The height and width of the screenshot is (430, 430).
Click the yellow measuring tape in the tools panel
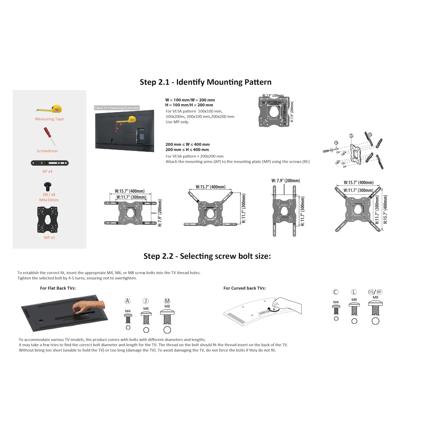[x=50, y=109]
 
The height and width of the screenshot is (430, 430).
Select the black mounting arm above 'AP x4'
[x=50, y=163]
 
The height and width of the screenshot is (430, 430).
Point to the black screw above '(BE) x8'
[x=48, y=187]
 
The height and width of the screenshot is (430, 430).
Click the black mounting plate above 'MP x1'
[x=48, y=220]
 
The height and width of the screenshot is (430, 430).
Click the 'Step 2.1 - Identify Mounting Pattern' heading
[x=206, y=82]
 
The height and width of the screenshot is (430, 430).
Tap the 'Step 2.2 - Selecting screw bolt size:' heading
[x=207, y=256]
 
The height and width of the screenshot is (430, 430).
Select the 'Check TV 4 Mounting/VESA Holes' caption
[x=117, y=108]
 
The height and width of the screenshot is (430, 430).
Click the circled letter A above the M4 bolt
[x=128, y=301]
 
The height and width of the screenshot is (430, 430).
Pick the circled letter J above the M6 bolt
[x=146, y=301]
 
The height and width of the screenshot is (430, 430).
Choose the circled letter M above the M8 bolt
[x=167, y=301]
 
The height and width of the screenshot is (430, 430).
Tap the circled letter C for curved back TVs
[x=336, y=292]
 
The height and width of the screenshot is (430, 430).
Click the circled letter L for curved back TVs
[x=354, y=292]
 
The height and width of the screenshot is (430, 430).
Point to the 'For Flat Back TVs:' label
[x=58, y=288]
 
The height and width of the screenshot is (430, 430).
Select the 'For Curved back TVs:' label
[x=245, y=288]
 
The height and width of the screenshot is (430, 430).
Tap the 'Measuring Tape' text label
[x=49, y=119]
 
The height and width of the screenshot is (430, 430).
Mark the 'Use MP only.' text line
[x=177, y=122]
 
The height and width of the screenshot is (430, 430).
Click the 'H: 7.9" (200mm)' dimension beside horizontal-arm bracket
[x=160, y=213]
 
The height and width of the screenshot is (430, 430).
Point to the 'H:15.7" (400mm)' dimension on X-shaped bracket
[x=385, y=209]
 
